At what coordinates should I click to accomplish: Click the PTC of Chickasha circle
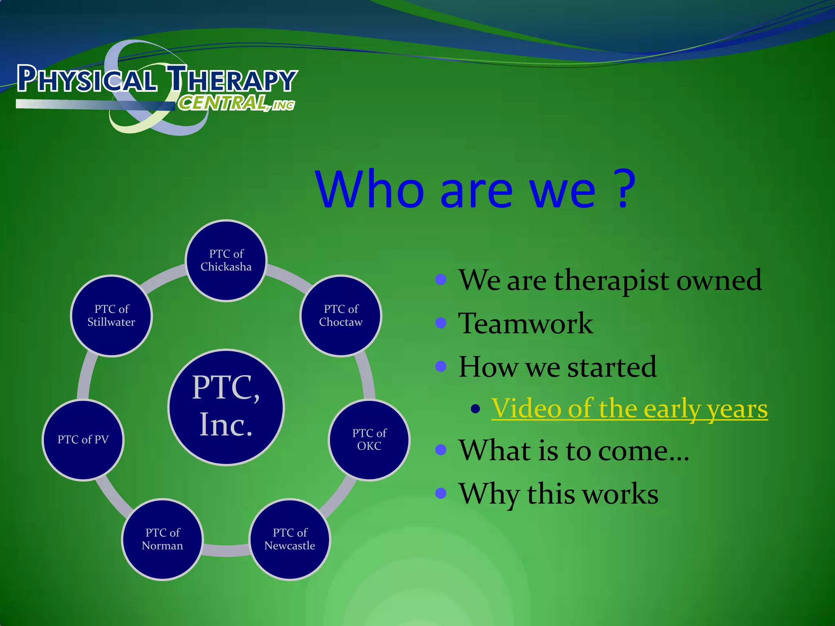click(x=226, y=261)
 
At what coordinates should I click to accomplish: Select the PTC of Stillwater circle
click(x=111, y=316)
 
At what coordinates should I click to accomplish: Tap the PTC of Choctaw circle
click(x=341, y=316)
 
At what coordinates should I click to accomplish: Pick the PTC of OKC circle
click(x=369, y=440)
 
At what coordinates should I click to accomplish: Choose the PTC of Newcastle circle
click(x=290, y=539)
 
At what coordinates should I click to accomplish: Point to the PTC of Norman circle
click(x=163, y=539)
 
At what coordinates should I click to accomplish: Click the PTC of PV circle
click(x=83, y=440)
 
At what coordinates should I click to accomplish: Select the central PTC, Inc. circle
click(x=226, y=407)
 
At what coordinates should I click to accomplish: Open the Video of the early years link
click(x=629, y=408)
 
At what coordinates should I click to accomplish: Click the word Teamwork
click(x=526, y=324)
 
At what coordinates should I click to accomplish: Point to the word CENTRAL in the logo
click(x=222, y=103)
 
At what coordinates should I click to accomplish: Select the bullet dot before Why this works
click(x=441, y=494)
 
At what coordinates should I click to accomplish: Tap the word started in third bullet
click(x=612, y=367)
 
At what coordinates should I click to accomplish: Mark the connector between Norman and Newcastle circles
click(x=226, y=550)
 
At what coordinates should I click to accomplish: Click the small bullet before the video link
click(x=475, y=409)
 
